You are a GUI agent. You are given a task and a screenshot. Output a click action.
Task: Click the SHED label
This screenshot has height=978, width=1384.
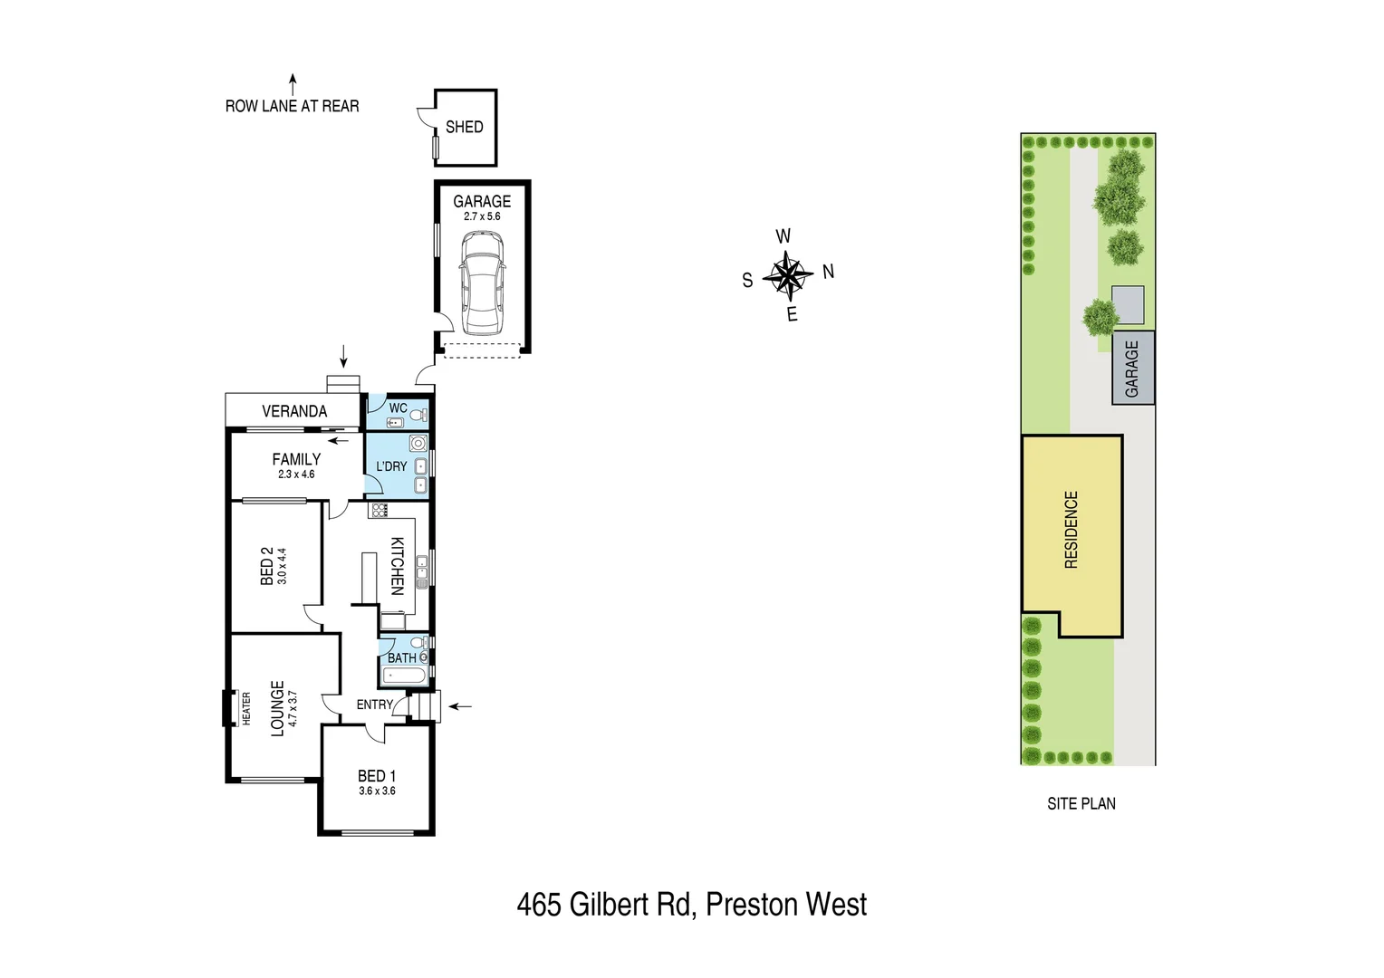coord(464,128)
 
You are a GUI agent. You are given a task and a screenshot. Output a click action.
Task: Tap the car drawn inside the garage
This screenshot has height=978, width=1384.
coord(481,283)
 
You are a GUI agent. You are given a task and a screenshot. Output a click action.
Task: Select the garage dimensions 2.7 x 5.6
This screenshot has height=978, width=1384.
coord(482,216)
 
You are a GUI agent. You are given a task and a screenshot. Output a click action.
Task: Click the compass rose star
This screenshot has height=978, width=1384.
coord(787,275)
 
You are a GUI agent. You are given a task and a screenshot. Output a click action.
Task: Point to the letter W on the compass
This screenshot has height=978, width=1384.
coord(783,236)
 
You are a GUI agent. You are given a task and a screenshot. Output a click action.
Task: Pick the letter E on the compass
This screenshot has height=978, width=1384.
coord(793,314)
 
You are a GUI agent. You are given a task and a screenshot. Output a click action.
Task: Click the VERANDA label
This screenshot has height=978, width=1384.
coord(294,411)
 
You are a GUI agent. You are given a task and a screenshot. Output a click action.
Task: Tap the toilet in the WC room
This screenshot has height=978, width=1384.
coord(418,415)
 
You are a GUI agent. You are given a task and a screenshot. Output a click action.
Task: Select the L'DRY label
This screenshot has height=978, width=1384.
coord(391,466)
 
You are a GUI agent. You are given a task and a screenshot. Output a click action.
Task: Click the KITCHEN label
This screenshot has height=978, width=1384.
coord(397,566)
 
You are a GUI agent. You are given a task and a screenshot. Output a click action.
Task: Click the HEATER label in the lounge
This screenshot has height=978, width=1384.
coord(246,708)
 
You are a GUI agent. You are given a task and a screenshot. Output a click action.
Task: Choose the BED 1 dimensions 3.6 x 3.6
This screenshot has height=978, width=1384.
coord(377,791)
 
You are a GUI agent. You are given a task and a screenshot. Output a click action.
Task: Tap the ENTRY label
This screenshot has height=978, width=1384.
coord(374,705)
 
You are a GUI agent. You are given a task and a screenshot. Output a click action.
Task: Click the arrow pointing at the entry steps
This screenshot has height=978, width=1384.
coord(460,706)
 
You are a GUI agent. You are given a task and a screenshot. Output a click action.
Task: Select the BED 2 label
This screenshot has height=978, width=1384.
coord(267,565)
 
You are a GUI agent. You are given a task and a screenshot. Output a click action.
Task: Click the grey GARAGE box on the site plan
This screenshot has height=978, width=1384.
coord(1133,368)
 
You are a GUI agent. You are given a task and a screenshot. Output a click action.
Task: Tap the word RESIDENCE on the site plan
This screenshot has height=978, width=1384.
coord(1072,530)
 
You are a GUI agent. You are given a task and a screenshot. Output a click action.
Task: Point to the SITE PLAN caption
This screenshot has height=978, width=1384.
coord(1081,804)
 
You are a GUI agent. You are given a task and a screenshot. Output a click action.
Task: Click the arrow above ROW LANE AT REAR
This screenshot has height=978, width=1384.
coord(293,84)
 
